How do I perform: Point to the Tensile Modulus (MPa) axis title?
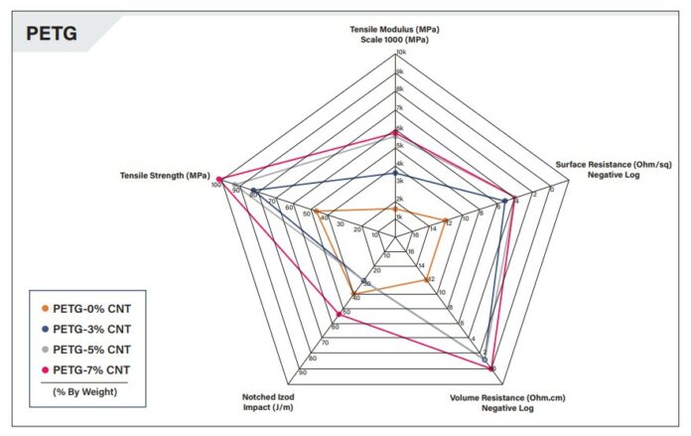(394, 34)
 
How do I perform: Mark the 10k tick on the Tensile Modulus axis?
(401, 52)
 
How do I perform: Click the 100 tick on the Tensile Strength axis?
(215, 185)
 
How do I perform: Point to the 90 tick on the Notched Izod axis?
(302, 374)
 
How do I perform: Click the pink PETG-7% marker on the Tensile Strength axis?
(222, 180)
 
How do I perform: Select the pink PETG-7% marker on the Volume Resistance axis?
(492, 368)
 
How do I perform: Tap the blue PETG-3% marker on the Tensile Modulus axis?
(395, 172)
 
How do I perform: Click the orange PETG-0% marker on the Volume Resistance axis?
(429, 280)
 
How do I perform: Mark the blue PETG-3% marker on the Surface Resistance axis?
(505, 202)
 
